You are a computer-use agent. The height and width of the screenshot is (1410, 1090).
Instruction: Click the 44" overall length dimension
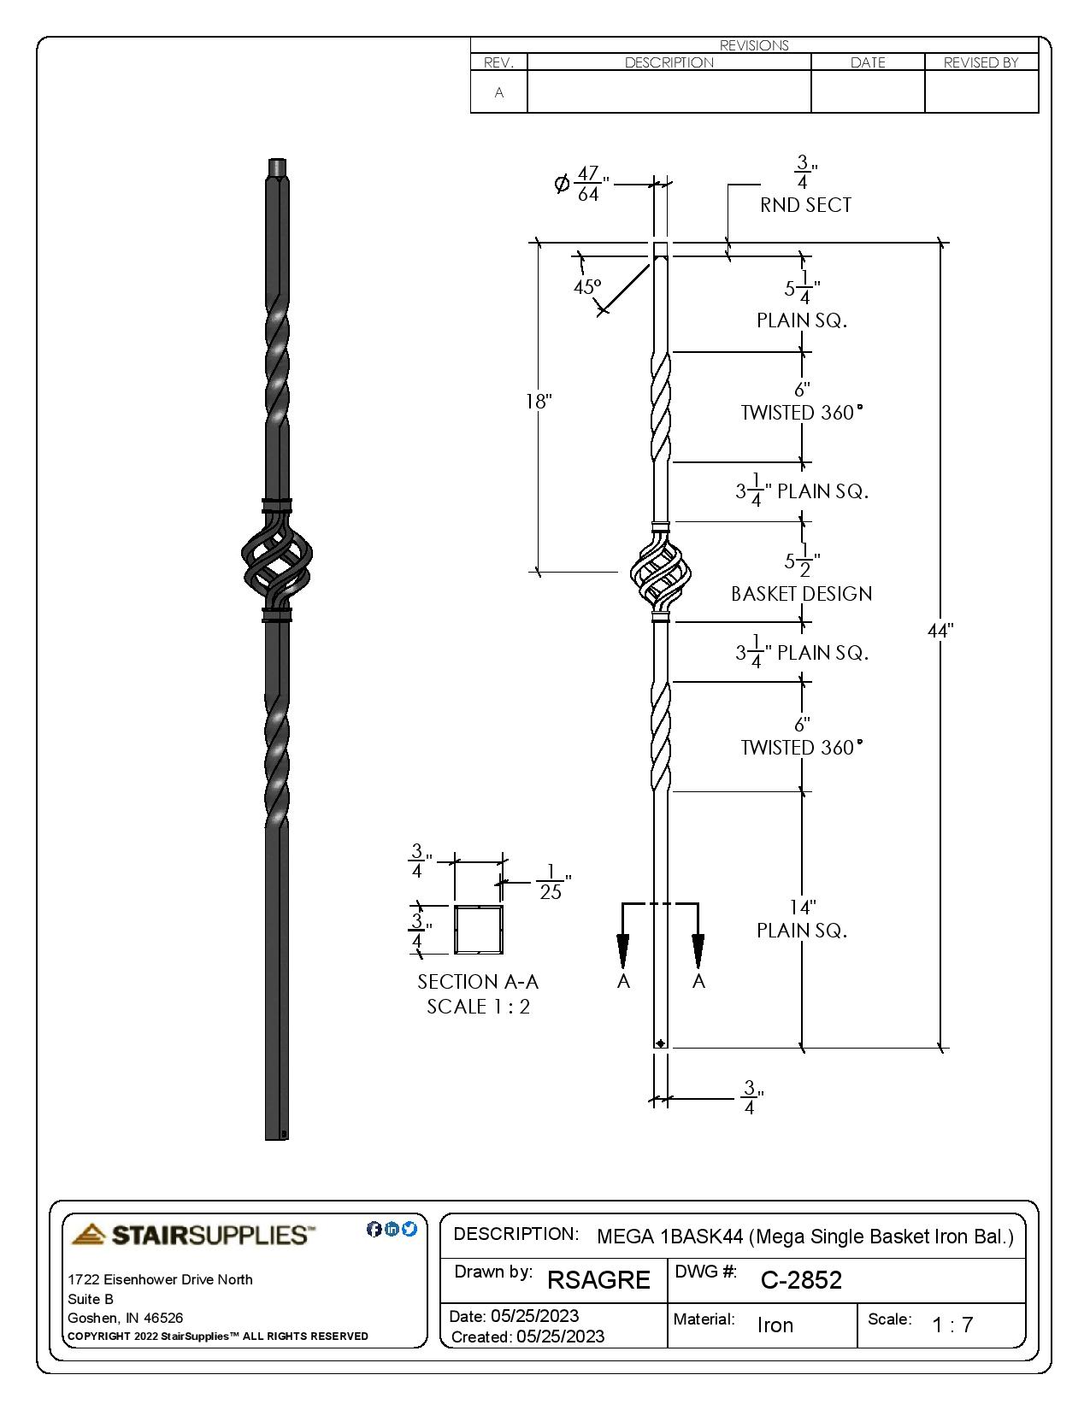click(x=940, y=631)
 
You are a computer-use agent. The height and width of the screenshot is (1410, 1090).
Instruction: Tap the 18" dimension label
click(x=539, y=401)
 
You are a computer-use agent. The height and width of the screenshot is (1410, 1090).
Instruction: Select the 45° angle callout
click(x=586, y=287)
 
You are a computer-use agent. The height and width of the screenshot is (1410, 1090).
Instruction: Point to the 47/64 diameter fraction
click(x=587, y=184)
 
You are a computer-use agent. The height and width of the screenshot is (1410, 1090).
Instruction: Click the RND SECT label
click(x=805, y=205)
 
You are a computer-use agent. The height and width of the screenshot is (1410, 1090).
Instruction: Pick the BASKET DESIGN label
click(x=801, y=594)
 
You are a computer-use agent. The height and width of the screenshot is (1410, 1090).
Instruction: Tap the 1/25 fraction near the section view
click(x=551, y=882)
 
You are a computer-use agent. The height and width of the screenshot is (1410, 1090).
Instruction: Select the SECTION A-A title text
click(x=478, y=982)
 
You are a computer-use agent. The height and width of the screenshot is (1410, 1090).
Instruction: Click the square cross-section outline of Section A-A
click(x=478, y=930)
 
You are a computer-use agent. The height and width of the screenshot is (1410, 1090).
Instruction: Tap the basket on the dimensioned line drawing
click(x=660, y=573)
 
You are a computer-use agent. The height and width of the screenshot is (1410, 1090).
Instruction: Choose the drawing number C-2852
click(x=801, y=1280)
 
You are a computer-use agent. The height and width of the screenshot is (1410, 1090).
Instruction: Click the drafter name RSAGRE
click(x=598, y=1280)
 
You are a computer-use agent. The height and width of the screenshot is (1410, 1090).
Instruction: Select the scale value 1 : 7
click(x=952, y=1325)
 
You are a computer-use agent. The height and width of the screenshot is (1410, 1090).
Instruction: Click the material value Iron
click(x=775, y=1325)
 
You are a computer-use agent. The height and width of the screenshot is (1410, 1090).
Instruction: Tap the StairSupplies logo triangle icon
click(x=89, y=1234)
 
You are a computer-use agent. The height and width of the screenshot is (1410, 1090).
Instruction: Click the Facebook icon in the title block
click(x=374, y=1229)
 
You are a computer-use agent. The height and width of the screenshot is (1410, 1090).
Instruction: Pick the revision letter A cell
click(x=499, y=92)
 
